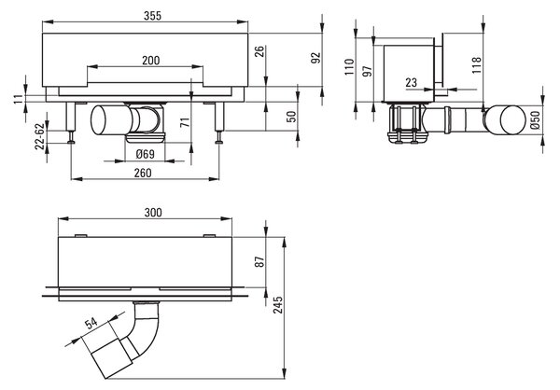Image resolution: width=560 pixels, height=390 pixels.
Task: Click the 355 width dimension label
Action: click(x=152, y=16)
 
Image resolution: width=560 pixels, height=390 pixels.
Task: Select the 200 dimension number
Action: click(x=150, y=61)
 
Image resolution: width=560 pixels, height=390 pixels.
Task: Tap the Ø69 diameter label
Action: click(x=146, y=154)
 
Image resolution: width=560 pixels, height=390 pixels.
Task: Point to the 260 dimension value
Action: click(x=143, y=173)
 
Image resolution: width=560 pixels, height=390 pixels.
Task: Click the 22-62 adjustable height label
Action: click(x=41, y=136)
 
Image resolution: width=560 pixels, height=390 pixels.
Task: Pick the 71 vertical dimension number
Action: click(x=185, y=122)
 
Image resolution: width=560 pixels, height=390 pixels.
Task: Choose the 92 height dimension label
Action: click(x=316, y=58)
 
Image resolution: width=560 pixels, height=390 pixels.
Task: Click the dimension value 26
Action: click(x=260, y=51)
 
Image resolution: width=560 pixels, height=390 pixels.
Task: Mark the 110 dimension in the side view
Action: click(x=349, y=67)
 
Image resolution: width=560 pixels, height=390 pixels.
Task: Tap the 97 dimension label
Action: click(x=367, y=71)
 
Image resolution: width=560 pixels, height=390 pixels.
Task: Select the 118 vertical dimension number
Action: click(x=477, y=65)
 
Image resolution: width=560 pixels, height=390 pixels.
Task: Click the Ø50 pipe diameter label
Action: click(x=535, y=120)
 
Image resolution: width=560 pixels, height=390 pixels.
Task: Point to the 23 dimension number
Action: click(x=411, y=82)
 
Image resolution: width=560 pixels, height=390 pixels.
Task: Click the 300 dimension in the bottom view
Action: click(x=153, y=213)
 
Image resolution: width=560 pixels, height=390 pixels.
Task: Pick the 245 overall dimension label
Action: click(x=278, y=305)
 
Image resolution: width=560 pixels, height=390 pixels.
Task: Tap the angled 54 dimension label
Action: click(x=91, y=323)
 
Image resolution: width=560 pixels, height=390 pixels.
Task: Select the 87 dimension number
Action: click(x=260, y=261)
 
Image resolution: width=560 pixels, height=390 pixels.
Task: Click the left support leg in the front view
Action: click(x=70, y=118)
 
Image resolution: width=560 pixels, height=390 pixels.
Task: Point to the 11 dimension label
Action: click(x=19, y=98)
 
